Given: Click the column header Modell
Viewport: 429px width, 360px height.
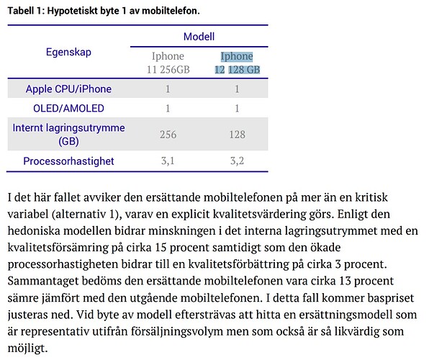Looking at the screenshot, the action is pos(199,36).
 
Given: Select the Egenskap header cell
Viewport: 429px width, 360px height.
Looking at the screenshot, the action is pos(69,52).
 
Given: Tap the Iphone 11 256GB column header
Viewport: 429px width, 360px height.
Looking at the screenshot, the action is pos(168,63).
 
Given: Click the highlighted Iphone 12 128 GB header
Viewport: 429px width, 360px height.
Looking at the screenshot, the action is pos(237,63).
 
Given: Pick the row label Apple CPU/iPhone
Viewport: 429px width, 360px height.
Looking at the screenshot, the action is pos(69,89).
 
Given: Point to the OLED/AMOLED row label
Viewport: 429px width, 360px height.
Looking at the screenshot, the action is pos(69,108).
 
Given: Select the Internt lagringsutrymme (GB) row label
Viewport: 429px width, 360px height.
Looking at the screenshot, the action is pos(69,135).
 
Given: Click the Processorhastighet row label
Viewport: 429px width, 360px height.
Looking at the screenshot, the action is pos(69,161).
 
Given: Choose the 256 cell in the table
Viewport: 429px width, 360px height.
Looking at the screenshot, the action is pos(168,135).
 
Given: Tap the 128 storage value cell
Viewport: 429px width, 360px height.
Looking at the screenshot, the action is pos(237,135).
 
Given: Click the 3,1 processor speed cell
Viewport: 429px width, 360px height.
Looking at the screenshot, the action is pos(168,161).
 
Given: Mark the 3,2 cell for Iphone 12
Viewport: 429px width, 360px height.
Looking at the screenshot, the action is pos(237,161).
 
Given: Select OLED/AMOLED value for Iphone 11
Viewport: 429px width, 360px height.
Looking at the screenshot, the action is pos(168,108).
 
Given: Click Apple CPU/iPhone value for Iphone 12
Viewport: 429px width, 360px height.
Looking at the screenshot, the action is pos(237,89).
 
